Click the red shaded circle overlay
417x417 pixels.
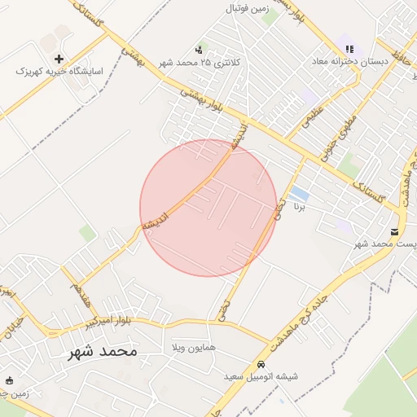pyautogui.click(x=208, y=208)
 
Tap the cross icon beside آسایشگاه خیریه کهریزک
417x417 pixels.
pyautogui.click(x=59, y=59)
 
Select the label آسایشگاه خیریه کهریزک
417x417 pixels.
pyautogui.click(x=59, y=72)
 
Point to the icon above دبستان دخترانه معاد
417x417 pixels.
pyautogui.click(x=349, y=49)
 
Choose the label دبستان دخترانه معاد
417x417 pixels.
pyautogui.click(x=349, y=61)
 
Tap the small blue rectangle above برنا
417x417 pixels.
pyautogui.click(x=299, y=194)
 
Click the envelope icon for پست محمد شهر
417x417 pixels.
pyautogui.click(x=395, y=231)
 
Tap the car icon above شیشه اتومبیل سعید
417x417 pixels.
pyautogui.click(x=261, y=364)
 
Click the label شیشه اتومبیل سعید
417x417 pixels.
pyautogui.click(x=262, y=376)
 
